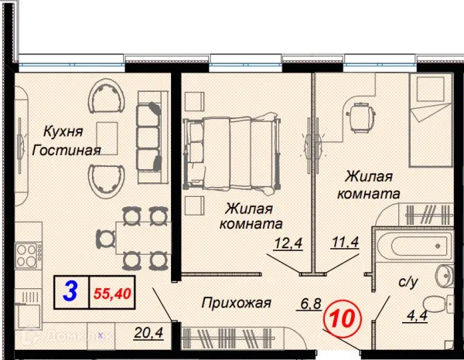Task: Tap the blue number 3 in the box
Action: click(70, 292)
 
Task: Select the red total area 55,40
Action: click(111, 294)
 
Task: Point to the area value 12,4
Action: click(286, 246)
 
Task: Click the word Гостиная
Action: click(66, 150)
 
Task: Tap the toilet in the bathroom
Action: click(442, 304)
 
